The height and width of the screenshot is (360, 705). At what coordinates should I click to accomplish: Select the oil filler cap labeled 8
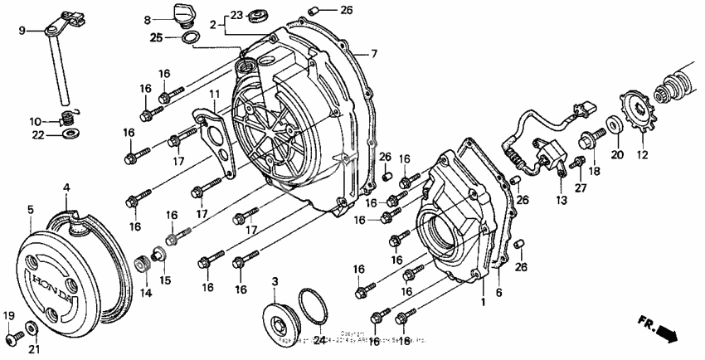(x=181, y=14)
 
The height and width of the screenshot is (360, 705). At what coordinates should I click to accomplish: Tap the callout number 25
(x=156, y=38)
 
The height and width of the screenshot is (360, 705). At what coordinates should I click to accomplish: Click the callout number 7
(x=374, y=54)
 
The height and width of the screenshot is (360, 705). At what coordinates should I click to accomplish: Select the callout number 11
(x=214, y=94)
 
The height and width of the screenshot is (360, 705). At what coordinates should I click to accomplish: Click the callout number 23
(x=236, y=15)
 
